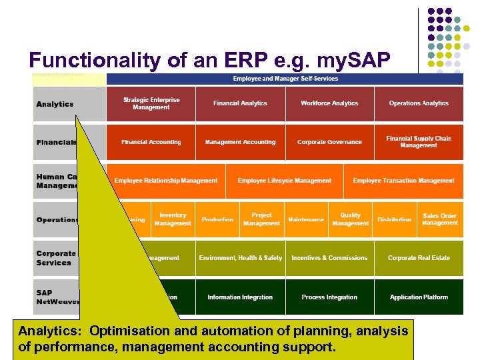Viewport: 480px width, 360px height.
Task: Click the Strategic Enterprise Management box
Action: tap(151, 103)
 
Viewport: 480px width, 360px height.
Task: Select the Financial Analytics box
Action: tap(240, 103)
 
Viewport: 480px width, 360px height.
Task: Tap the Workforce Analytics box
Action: tap(329, 103)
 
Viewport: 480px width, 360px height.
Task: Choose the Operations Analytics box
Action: tap(419, 103)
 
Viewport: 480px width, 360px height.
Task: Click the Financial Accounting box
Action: tap(151, 142)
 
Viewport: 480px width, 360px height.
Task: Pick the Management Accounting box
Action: tap(240, 142)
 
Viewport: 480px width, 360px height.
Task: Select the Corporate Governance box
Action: tap(329, 142)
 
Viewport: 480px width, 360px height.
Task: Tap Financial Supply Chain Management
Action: tap(419, 142)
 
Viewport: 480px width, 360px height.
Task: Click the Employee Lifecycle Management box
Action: tap(284, 181)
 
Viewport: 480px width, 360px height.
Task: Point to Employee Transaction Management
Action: tap(403, 181)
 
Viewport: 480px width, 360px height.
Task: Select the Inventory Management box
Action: tap(173, 219)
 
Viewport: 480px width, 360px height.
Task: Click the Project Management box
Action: tap(261, 219)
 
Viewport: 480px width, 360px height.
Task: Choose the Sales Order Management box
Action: tap(440, 219)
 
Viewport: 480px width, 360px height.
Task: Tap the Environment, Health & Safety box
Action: tap(240, 258)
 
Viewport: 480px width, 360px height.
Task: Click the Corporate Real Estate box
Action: tap(419, 258)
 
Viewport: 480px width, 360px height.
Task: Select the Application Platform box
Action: tap(419, 297)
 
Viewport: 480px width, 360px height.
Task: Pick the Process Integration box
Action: tap(329, 297)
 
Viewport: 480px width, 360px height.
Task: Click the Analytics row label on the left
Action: tap(55, 104)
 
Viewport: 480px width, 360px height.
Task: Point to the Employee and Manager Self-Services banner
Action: tap(285, 79)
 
